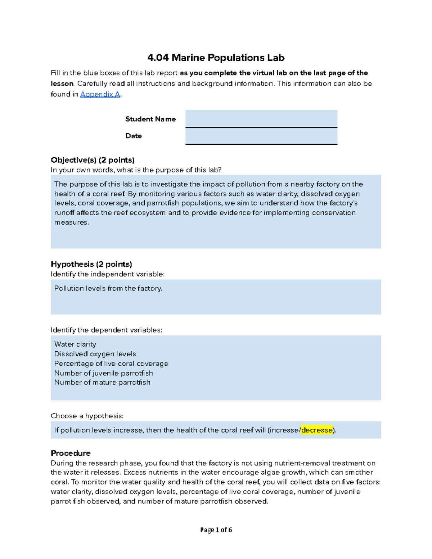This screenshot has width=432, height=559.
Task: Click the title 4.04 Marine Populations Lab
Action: (216, 58)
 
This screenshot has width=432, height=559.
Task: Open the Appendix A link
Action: (100, 94)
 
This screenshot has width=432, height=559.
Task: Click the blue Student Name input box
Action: (261, 118)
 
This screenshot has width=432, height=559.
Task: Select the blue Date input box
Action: (261, 136)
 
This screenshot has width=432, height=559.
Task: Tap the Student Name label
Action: (150, 119)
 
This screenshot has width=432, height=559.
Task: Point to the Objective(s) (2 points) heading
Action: (93, 160)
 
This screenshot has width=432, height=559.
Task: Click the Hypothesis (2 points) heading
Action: (91, 264)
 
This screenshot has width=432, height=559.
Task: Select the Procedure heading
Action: (71, 453)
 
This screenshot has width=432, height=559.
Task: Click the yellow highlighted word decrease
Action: (317, 430)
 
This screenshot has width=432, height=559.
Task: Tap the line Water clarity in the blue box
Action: (75, 344)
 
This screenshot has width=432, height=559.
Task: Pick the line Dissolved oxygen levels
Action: (95, 354)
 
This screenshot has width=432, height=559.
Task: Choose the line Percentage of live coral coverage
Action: (111, 364)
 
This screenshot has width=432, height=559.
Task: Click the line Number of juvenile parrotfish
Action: (103, 373)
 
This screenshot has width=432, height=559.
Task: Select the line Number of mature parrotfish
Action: (102, 382)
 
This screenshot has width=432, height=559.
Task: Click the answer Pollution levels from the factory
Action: (108, 288)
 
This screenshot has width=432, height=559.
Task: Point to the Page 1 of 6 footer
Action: (216, 530)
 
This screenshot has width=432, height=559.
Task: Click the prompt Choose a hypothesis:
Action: (87, 416)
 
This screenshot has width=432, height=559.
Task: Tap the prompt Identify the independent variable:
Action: (108, 274)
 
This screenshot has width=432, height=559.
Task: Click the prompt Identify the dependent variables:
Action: (106, 330)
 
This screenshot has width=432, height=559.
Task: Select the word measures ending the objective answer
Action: (71, 222)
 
